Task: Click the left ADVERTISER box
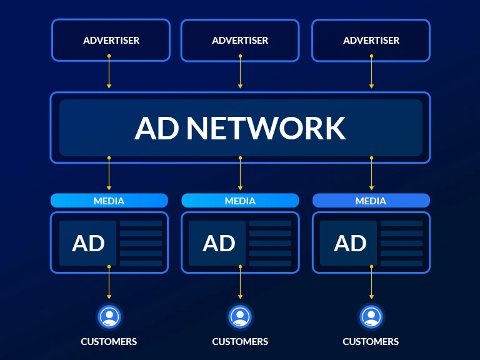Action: pos(111,40)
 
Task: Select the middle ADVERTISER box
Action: pos(240,40)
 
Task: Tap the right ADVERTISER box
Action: pos(371,40)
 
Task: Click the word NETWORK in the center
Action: pos(266,128)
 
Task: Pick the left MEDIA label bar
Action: pos(109,201)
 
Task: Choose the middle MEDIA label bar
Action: pos(240,201)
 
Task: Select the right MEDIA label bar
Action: pos(371,201)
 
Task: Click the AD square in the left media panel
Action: pos(88,243)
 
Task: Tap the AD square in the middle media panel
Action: pos(219,243)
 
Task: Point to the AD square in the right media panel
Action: pos(349,243)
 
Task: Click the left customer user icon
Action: pos(109,316)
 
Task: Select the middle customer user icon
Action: pos(240,316)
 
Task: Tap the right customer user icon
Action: pos(371,316)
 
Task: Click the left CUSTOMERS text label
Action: pos(109,342)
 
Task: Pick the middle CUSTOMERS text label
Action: pos(240,342)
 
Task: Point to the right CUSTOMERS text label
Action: pos(371,342)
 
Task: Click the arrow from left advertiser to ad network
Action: pos(109,72)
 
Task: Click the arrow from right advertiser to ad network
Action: pos(371,72)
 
